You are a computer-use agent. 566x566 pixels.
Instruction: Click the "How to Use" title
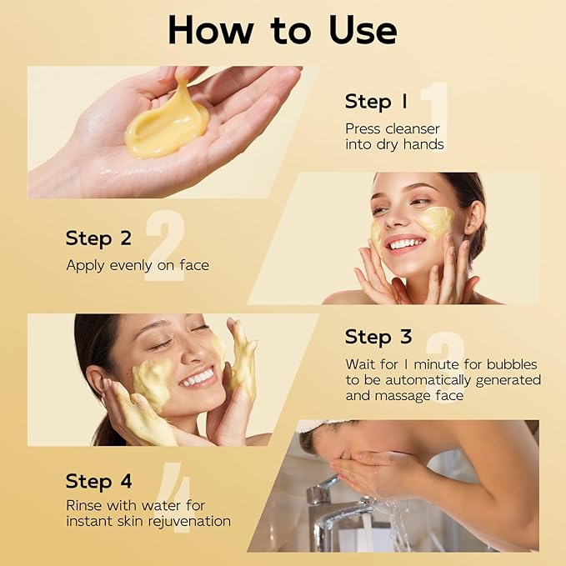pos(283,30)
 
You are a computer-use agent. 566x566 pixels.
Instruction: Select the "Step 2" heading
pos(98,238)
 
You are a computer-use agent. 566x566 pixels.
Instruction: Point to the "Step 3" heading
pos(378,337)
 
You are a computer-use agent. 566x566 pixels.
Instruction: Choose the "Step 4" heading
pos(98,481)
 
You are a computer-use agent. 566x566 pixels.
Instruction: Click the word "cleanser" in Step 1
pos(410,128)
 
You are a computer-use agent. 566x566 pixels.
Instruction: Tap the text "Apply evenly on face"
pos(138,265)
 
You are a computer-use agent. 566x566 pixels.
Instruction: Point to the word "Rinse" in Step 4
pos(85,506)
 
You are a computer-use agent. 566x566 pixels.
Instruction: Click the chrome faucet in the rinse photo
pos(333,508)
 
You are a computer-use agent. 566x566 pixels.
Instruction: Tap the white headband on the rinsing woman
pos(317,426)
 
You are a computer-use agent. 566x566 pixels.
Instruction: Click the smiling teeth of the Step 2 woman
pos(406,243)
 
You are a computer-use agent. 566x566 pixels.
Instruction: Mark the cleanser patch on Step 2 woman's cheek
pos(435,222)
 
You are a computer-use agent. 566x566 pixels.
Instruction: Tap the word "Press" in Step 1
pos(363,128)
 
